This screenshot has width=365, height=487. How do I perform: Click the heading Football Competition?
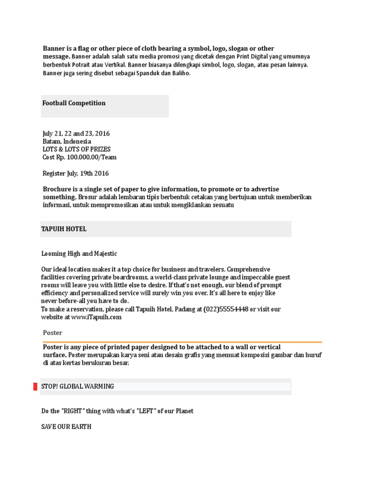tap(74, 103)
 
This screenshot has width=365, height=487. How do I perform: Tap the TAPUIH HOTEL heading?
tap(64, 229)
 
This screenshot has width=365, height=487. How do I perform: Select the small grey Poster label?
tap(52, 333)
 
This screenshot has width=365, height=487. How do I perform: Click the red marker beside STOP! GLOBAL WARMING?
tap(35, 386)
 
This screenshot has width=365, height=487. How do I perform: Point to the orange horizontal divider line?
tap(182, 341)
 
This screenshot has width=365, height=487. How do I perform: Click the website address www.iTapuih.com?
tap(96, 317)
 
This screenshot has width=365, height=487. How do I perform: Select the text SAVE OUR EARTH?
tap(67, 427)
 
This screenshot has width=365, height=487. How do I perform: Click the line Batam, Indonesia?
tap(67, 141)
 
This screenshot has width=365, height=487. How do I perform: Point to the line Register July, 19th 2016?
tap(76, 173)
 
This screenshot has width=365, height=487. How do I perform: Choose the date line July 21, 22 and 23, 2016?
tap(76, 134)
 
